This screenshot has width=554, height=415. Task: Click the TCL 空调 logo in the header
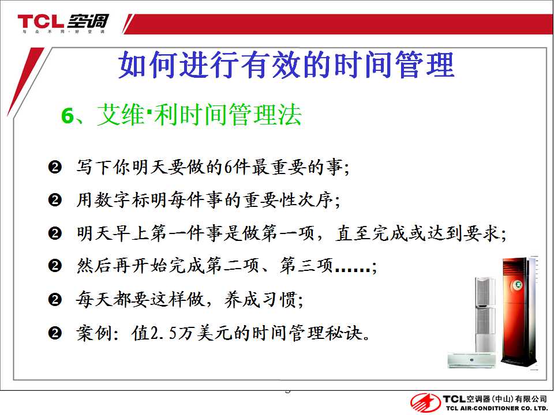coord(63,22)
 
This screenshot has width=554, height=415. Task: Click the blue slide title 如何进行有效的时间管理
coord(286,65)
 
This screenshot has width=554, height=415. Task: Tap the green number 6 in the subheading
coord(67,115)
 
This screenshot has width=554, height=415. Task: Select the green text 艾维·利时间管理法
coord(199,115)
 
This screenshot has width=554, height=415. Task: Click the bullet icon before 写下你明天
coord(55,167)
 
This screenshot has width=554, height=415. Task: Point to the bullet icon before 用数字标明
coord(55,200)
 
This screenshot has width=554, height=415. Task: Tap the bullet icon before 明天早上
coord(55,233)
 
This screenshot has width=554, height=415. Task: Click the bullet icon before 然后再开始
coord(55,266)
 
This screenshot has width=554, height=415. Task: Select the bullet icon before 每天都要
coord(55,300)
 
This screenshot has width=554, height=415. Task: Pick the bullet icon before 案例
coord(55,333)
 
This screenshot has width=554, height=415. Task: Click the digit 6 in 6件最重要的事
coord(229,167)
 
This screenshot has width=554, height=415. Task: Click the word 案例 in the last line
coord(94,333)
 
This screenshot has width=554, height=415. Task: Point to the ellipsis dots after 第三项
coord(352,270)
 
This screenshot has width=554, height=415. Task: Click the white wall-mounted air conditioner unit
coord(471,360)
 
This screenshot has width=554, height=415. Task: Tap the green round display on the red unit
coord(518,285)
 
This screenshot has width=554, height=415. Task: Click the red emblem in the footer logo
coord(425,403)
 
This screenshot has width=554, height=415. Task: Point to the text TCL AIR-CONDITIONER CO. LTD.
coord(496,408)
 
